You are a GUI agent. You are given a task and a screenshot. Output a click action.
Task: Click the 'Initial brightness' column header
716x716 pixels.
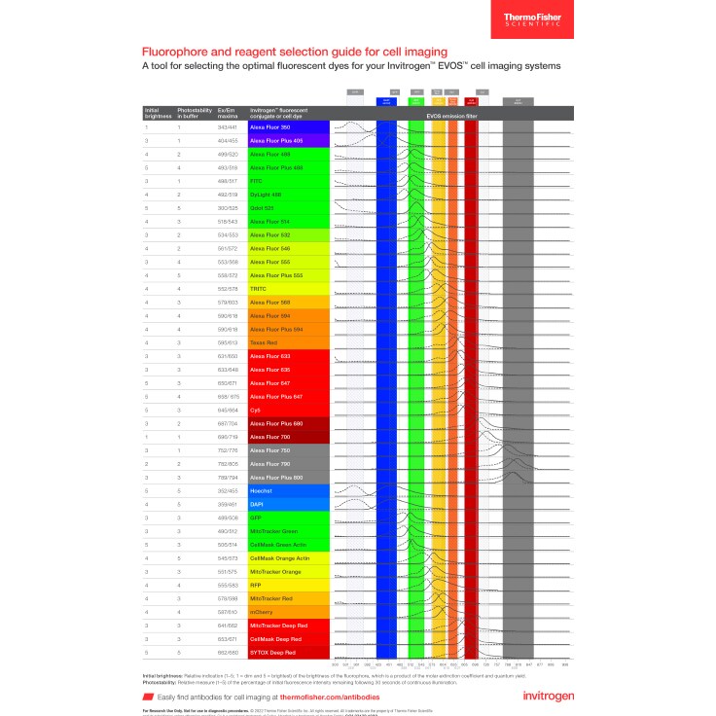(157, 113)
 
